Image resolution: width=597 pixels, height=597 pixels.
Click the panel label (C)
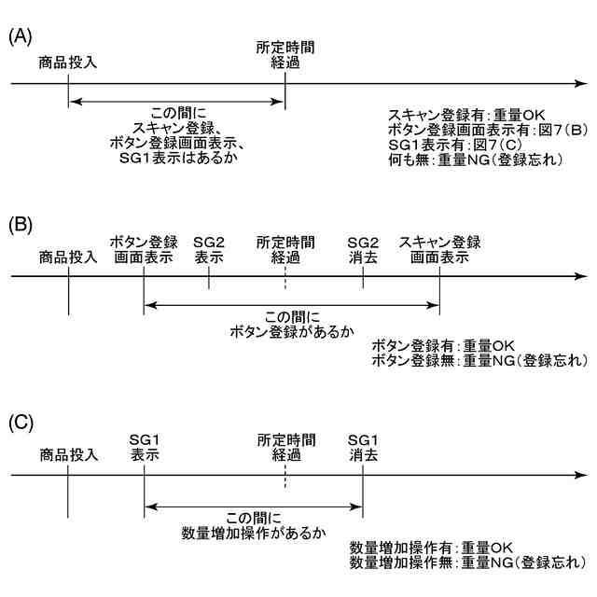click(x=21, y=421)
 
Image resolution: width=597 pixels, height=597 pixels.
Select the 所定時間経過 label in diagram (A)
click(x=285, y=53)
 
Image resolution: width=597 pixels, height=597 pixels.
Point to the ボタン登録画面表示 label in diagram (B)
click(x=144, y=249)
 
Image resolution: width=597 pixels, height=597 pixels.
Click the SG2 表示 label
click(x=209, y=249)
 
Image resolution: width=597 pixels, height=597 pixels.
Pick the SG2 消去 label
click(x=363, y=249)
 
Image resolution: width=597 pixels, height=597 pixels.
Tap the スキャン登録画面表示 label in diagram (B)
click(x=439, y=249)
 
